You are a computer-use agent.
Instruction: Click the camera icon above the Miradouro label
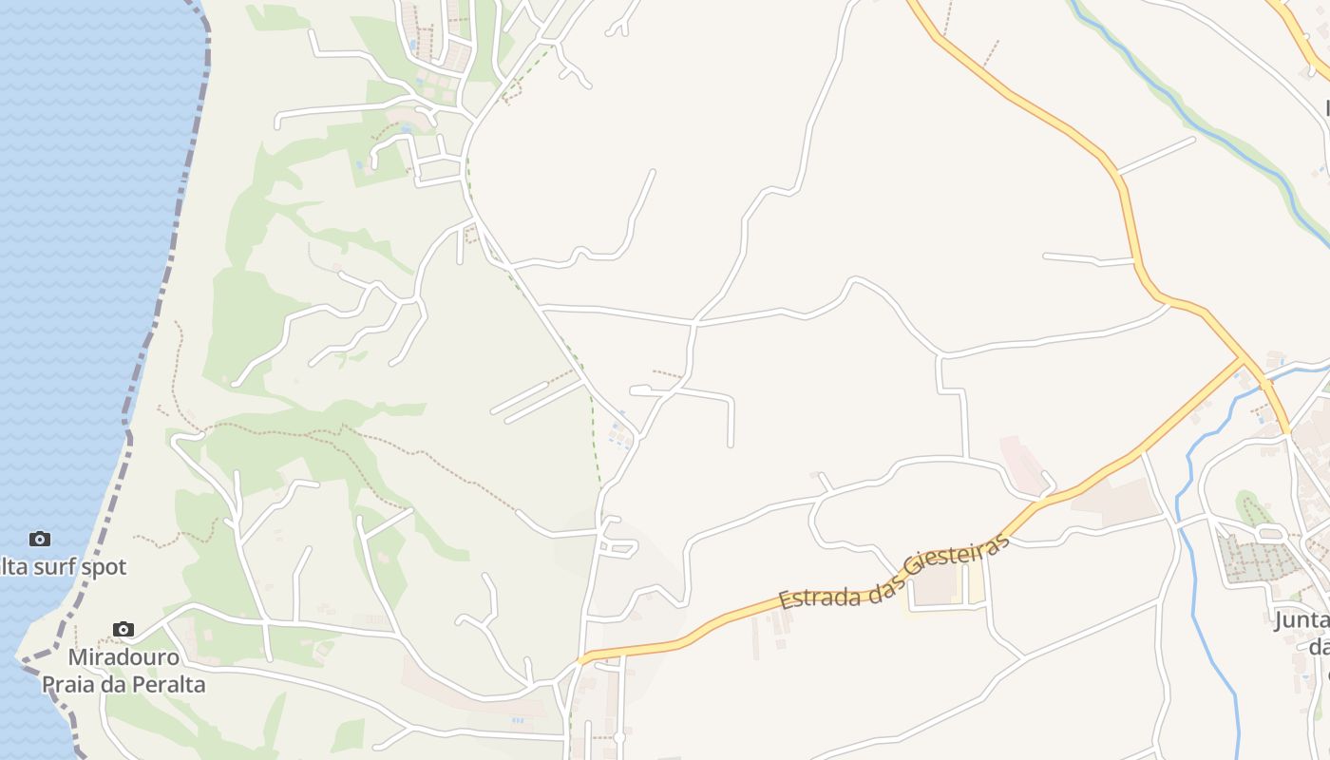[x=123, y=629]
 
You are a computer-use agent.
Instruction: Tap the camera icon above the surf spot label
[x=39, y=539]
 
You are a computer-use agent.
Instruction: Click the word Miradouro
[x=123, y=657]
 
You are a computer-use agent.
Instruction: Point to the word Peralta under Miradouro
[x=167, y=684]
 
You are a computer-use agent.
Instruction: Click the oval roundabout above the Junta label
[x=1269, y=534]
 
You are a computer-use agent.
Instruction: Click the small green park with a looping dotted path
[x=1253, y=509]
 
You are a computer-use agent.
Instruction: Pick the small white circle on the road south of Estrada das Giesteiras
[x=618, y=737]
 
